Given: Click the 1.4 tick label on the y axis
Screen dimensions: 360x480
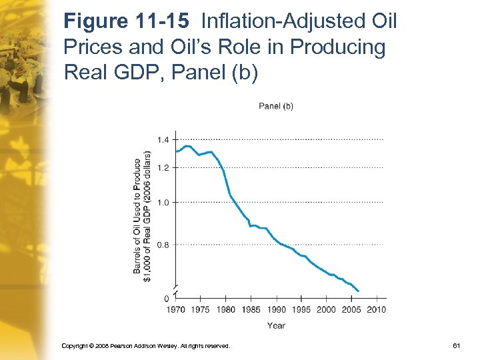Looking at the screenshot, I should coord(163,139).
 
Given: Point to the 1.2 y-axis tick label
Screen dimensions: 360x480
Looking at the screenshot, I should coord(163,167).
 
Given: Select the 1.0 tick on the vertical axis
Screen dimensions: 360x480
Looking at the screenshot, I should coord(163,202).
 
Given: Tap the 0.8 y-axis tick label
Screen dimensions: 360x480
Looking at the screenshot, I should coord(163,245).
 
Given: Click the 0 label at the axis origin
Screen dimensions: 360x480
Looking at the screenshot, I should coord(167,298).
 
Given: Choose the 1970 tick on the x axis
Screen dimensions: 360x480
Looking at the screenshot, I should coord(175,309).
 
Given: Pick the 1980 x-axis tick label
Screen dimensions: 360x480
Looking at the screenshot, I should coord(225,309).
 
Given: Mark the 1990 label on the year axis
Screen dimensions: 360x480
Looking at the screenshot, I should coord(276,309).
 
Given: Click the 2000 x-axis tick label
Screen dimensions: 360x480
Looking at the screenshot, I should coord(326,309).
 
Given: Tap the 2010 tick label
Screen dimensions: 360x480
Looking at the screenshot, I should coord(376,309).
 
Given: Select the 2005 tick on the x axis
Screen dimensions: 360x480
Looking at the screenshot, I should coord(351,309).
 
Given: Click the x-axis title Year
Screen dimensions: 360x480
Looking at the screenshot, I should coord(276,325).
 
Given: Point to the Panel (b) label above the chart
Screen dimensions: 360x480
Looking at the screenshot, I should coord(276,106).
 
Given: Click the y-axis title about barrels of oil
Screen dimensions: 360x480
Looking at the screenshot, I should coord(142,215).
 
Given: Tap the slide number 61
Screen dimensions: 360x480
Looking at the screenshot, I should coord(457,346).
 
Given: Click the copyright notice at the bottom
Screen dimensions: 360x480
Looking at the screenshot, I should coord(145,346).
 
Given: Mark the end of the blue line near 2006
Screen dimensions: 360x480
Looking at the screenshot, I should coord(359,291).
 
